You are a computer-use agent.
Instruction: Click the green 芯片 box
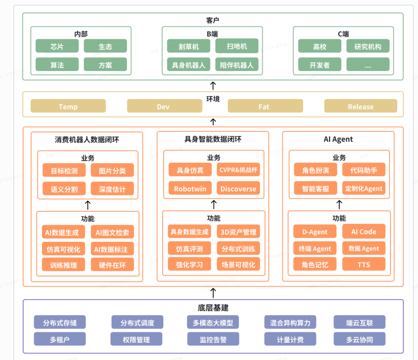click(x=57, y=46)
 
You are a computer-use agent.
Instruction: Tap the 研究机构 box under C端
click(x=368, y=46)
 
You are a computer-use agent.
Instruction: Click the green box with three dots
click(x=368, y=65)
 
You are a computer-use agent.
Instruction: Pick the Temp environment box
click(x=68, y=106)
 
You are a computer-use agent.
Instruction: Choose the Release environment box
click(x=361, y=106)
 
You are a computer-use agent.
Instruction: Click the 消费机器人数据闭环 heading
click(x=87, y=139)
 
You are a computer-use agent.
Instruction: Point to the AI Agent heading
click(x=338, y=139)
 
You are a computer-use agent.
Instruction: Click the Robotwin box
click(x=190, y=189)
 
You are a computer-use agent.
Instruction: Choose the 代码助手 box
click(x=364, y=170)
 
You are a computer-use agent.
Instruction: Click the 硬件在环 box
click(x=112, y=264)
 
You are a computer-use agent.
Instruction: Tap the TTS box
click(x=364, y=264)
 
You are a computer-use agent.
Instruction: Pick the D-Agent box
click(x=315, y=232)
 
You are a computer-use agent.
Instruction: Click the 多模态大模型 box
click(x=213, y=322)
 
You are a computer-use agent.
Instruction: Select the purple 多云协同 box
click(x=360, y=339)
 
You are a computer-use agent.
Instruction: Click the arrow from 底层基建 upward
click(x=213, y=292)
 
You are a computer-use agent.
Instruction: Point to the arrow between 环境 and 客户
click(x=213, y=85)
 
